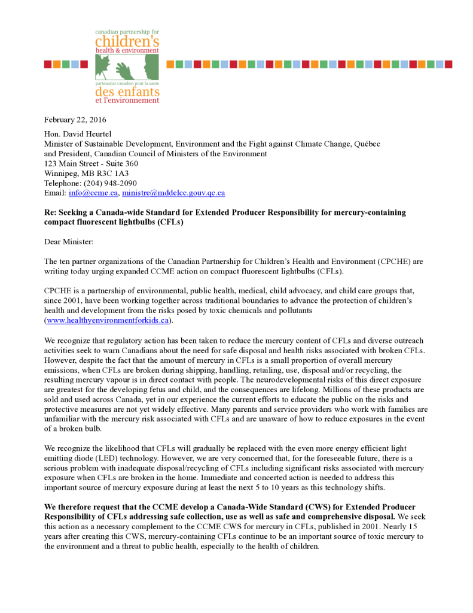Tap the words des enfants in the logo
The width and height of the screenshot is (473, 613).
[127, 92]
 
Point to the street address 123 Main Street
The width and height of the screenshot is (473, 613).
[74, 163]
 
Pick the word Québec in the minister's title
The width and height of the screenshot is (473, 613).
[367, 144]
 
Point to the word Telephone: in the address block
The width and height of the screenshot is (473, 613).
[64, 183]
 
